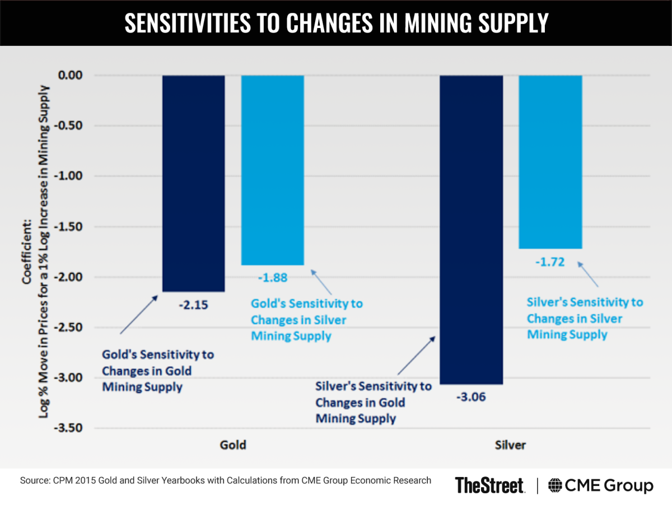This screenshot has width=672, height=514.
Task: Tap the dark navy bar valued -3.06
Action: pyautogui.click(x=471, y=230)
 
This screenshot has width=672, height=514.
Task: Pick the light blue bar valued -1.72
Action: pyautogui.click(x=550, y=162)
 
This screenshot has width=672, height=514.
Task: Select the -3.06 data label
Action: pyautogui.click(x=471, y=398)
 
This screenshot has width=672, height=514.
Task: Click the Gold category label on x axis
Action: pyautogui.click(x=233, y=446)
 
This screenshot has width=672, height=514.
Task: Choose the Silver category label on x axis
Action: pyautogui.click(x=510, y=446)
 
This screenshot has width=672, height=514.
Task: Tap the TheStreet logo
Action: pyautogui.click(x=489, y=485)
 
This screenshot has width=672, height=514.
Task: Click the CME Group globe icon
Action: pyautogui.click(x=556, y=485)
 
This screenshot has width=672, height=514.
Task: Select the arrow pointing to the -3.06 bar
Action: pyautogui.click(x=416, y=356)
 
